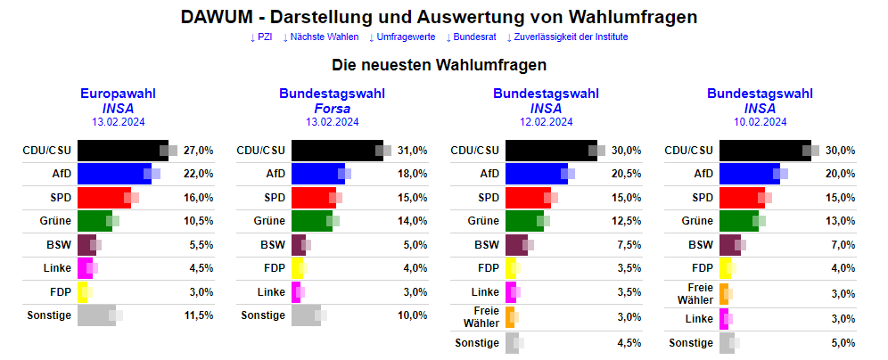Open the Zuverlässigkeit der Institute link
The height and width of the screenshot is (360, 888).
[x=567, y=37]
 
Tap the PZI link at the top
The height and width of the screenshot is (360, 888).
[x=261, y=37]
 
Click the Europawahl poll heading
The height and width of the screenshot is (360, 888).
[x=119, y=94]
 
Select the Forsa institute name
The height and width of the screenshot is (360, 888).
[x=333, y=109]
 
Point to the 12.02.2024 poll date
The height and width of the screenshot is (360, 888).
[x=547, y=122]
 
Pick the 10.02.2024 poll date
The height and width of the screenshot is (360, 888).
[x=761, y=122]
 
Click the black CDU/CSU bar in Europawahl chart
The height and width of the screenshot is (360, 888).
[x=120, y=150]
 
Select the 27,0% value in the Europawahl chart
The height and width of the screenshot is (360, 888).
[x=199, y=150]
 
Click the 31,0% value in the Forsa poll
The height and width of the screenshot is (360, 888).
[x=413, y=150]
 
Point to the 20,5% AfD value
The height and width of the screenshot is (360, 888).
[x=627, y=174]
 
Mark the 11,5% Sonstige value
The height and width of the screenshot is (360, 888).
[x=199, y=315]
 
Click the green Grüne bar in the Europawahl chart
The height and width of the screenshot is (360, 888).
[x=95, y=220]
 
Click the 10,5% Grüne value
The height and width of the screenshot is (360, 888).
[x=199, y=220]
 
